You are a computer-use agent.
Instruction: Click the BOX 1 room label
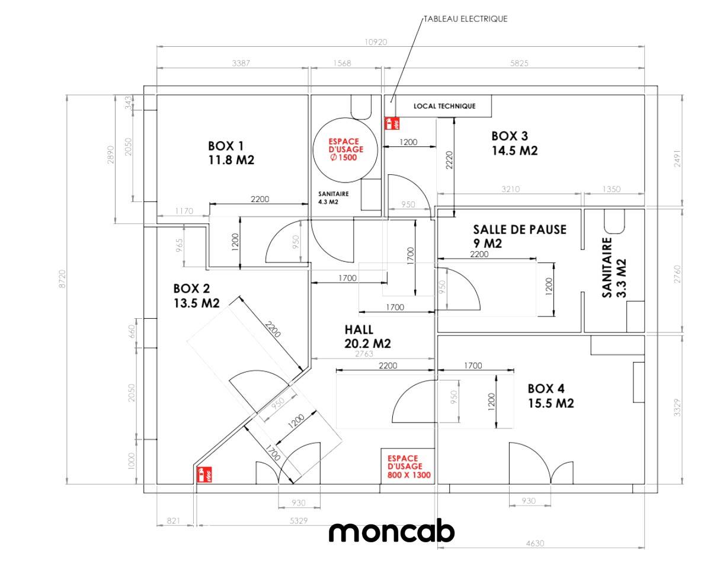tap(231, 153)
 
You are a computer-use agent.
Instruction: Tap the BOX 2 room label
tap(196, 296)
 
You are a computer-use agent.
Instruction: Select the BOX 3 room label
tap(514, 143)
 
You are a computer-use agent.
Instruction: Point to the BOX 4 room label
tap(551, 395)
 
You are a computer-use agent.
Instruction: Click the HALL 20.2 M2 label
tap(368, 336)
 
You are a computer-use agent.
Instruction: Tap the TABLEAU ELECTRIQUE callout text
tap(466, 19)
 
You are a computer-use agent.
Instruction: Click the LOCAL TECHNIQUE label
tap(444, 106)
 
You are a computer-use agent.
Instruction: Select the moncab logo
tap(392, 532)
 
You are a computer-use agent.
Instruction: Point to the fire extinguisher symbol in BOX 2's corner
tap(204, 475)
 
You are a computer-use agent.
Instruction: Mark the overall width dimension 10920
tap(375, 42)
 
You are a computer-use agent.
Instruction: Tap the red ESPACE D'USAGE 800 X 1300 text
tap(408, 466)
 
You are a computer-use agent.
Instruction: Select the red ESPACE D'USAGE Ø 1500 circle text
tap(345, 149)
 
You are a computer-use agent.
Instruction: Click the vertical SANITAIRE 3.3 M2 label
tap(613, 268)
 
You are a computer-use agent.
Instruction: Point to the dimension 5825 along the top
tap(519, 63)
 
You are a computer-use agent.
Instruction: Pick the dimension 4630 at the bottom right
tap(535, 543)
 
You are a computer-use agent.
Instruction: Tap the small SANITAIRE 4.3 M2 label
tap(333, 197)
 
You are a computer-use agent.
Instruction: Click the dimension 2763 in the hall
tap(364, 353)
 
